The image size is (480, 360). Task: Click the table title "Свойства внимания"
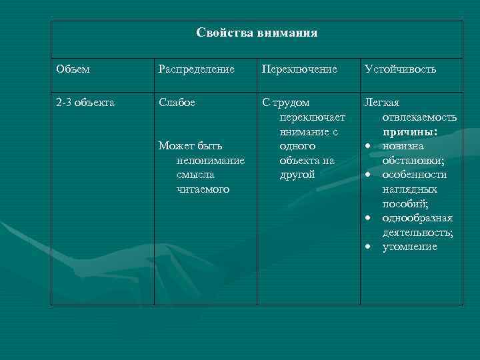click(x=257, y=33)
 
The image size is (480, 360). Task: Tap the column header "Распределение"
click(x=196, y=69)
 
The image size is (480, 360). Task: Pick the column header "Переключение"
click(x=299, y=69)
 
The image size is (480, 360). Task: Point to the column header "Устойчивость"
click(x=401, y=69)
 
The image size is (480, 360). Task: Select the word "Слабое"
click(x=177, y=103)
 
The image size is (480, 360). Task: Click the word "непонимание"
click(x=211, y=161)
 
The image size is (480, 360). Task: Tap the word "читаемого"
click(x=203, y=189)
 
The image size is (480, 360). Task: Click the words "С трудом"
click(x=286, y=103)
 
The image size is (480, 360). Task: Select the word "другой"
click(x=298, y=175)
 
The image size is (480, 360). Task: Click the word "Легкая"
click(x=381, y=103)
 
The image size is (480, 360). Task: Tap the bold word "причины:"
click(x=409, y=132)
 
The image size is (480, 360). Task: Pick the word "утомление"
click(x=409, y=247)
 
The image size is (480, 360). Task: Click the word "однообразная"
click(x=417, y=218)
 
